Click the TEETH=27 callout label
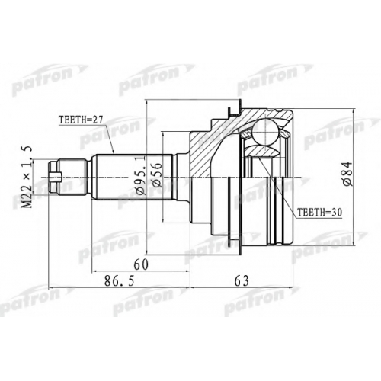click(x=81, y=120)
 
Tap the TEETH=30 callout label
click(x=320, y=212)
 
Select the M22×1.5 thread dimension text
click(x=28, y=177)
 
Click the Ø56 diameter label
click(x=156, y=174)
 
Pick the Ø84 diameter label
click(x=347, y=174)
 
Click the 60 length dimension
click(x=142, y=265)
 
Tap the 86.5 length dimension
click(x=120, y=281)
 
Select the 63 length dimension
click(x=242, y=281)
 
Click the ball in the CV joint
click(x=265, y=133)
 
